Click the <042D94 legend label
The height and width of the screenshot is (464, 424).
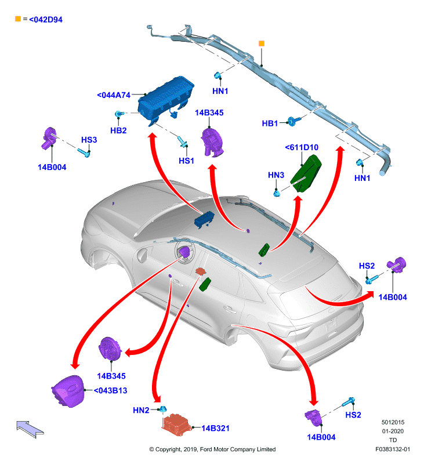(x=46, y=20)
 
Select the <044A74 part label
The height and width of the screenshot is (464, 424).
(x=114, y=95)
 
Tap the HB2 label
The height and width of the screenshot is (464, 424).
(x=118, y=130)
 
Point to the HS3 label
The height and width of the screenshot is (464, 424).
(x=89, y=140)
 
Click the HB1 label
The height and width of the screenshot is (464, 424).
(x=270, y=124)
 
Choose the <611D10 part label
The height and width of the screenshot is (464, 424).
(x=302, y=147)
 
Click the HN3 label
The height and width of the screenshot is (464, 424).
(x=276, y=175)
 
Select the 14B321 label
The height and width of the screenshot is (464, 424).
(x=215, y=428)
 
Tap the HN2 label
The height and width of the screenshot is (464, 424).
(x=141, y=410)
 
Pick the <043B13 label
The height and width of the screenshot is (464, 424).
(x=110, y=390)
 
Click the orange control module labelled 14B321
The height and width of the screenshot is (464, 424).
(x=177, y=425)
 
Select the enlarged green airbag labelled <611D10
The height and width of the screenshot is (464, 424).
(x=306, y=173)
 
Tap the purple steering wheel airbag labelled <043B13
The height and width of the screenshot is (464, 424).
(x=68, y=391)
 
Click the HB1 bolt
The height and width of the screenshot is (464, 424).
(x=293, y=121)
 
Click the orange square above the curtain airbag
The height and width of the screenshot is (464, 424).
(x=261, y=43)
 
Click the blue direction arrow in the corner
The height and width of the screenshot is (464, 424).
(x=30, y=429)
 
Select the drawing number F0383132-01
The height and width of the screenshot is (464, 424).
(x=393, y=449)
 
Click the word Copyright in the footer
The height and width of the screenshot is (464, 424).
(x=168, y=449)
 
